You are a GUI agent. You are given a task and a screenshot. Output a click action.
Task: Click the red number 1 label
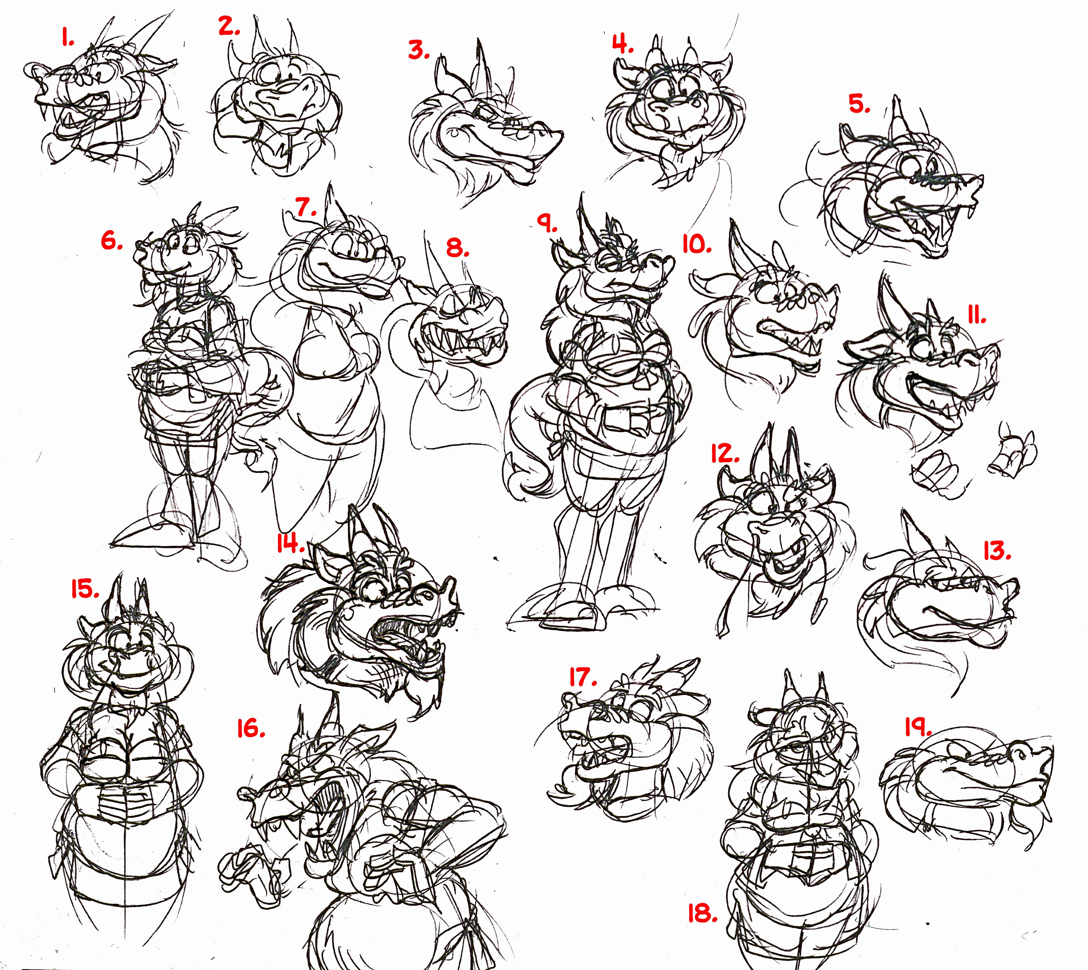67,37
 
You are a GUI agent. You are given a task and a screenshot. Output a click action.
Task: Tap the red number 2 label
229,27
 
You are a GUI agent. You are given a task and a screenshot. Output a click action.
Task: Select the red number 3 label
419,50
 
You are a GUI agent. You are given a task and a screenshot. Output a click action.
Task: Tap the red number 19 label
918,727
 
